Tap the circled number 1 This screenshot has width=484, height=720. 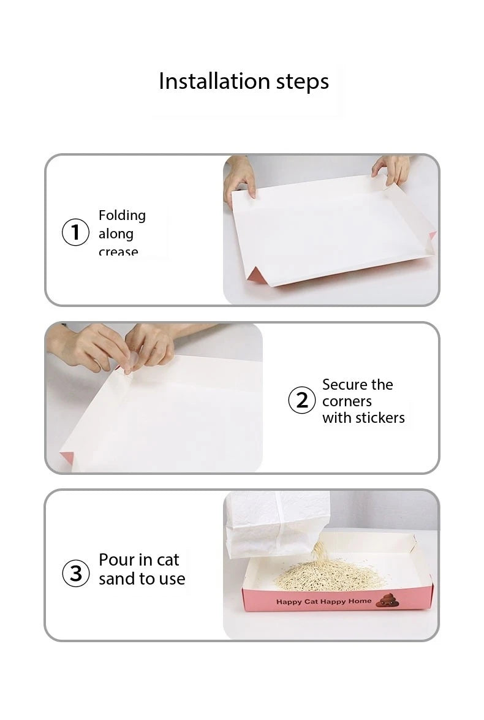click(76, 233)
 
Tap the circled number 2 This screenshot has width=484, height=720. click(301, 401)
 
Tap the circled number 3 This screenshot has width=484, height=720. click(76, 574)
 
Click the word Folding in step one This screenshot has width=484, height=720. click(122, 216)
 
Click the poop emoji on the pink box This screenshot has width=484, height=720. click(387, 600)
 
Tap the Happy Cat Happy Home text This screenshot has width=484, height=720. click(323, 602)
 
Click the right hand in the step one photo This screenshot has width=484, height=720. click(391, 168)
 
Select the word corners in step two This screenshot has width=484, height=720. click(347, 401)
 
